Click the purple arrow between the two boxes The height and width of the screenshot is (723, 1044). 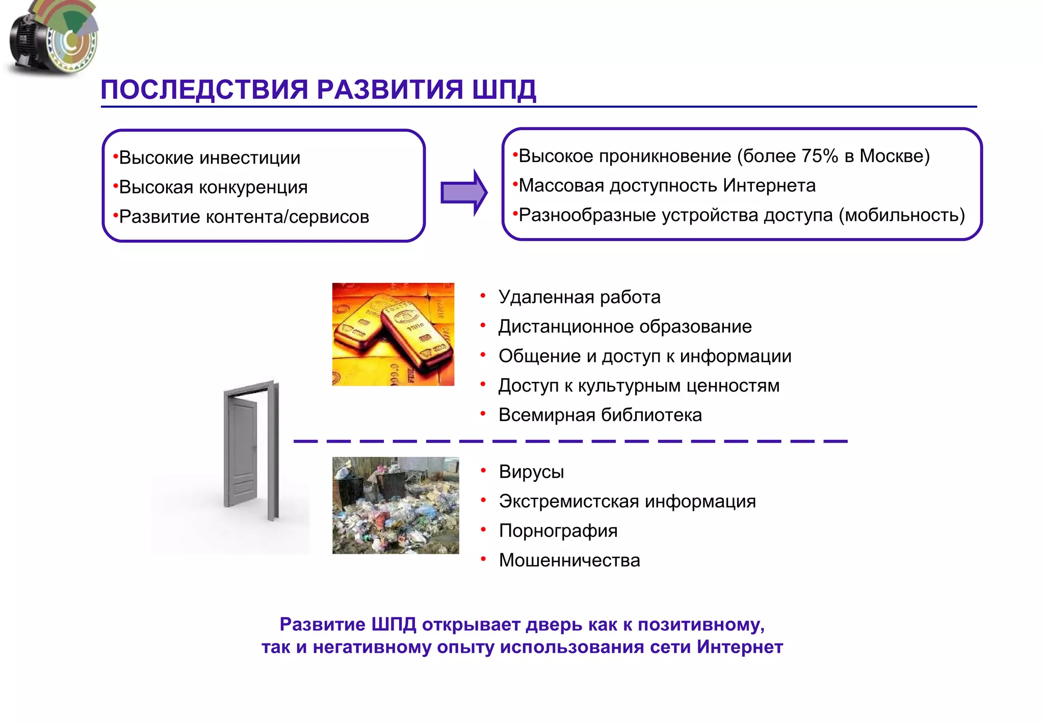pyautogui.click(x=463, y=193)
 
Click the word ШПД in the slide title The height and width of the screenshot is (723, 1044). pyautogui.click(x=504, y=90)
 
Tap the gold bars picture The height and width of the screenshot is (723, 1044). pyautogui.click(x=393, y=334)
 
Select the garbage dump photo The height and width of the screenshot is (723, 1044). pyautogui.click(x=396, y=505)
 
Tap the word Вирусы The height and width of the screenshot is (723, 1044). pyautogui.click(x=531, y=472)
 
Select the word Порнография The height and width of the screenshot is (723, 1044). pyautogui.click(x=558, y=531)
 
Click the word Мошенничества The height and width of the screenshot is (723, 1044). pyautogui.click(x=569, y=560)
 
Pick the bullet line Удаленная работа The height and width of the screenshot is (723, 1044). pyautogui.click(x=579, y=297)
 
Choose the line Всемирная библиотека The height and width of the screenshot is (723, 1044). pyautogui.click(x=600, y=415)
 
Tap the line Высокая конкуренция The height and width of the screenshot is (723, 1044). pyautogui.click(x=213, y=188)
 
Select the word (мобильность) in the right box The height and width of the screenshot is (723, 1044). pyautogui.click(x=902, y=215)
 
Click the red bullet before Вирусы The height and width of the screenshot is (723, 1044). pyautogui.click(x=483, y=470)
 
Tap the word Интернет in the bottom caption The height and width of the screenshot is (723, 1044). pyautogui.click(x=740, y=647)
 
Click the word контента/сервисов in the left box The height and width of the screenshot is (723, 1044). pyautogui.click(x=287, y=217)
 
